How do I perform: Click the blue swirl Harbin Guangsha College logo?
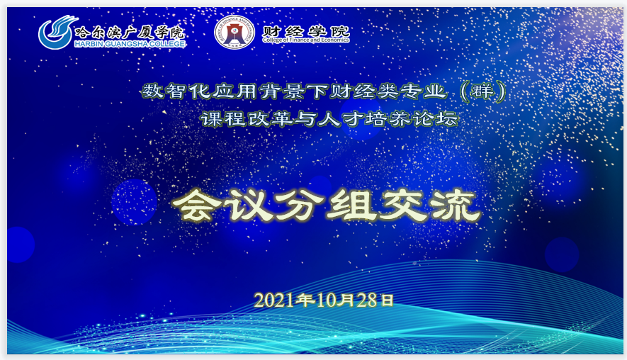pos(56,32)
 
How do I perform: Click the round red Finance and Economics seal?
pos(235,32)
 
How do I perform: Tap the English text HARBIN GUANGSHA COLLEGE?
pos(130,44)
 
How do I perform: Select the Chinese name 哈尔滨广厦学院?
pos(130,32)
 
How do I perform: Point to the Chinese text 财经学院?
pos(306,30)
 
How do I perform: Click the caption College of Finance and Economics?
pos(306,40)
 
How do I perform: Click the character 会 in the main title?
pos(197,206)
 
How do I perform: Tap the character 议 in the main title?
pos(249,206)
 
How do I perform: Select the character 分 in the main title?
pos(300,206)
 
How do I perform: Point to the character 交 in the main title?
pos(404,206)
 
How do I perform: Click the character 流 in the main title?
pos(456,206)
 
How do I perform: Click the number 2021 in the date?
pos(274,300)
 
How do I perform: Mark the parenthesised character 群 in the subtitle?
pos(482,91)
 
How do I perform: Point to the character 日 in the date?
pos(387,300)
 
